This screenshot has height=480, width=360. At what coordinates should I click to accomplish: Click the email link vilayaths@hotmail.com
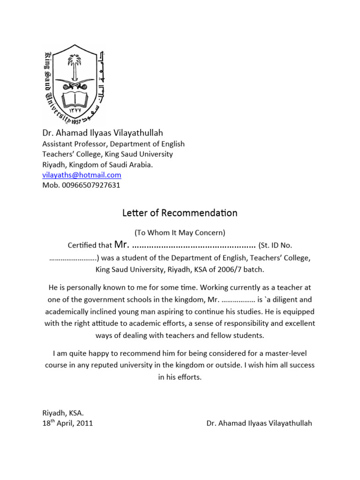coord(82,175)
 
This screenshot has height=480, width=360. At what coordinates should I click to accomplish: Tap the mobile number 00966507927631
coord(90,185)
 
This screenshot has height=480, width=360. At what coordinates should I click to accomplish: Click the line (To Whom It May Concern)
coord(180,232)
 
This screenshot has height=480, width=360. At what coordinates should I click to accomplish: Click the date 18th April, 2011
coord(67,423)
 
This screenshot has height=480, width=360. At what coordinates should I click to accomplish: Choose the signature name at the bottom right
coord(259,423)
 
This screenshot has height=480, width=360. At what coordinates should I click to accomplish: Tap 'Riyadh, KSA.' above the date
coord(63,413)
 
